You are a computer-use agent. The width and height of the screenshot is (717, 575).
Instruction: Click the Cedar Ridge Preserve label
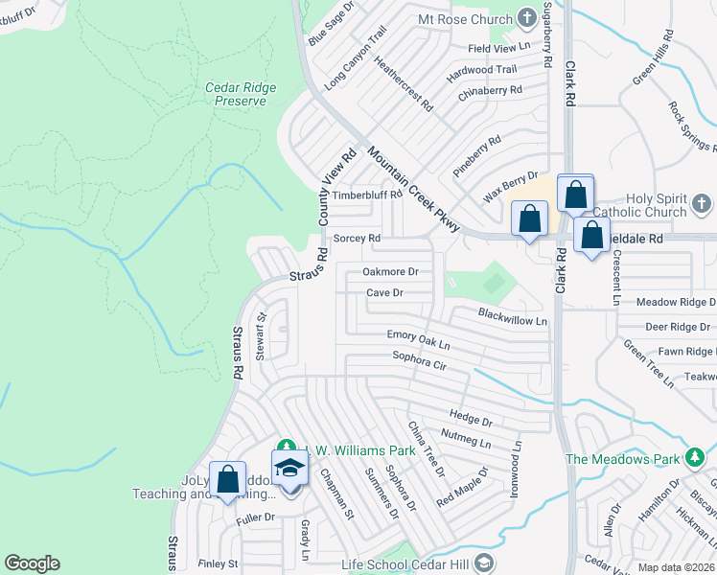tap(241, 94)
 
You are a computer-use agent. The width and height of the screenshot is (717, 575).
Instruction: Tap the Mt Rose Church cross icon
tap(525, 18)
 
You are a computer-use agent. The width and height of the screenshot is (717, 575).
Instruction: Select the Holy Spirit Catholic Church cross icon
tap(701, 203)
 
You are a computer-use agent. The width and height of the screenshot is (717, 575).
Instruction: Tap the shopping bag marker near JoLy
tap(228, 480)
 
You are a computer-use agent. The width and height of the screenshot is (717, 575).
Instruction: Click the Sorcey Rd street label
tap(357, 238)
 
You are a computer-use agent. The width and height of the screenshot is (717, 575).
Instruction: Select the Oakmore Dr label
tap(390, 272)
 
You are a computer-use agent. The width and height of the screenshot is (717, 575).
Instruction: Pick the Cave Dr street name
tap(383, 292)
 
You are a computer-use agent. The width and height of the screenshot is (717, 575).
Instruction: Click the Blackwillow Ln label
tap(512, 316)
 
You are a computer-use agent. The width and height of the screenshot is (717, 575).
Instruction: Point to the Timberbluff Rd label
tap(366, 195)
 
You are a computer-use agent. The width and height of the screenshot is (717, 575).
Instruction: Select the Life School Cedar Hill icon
tap(484, 563)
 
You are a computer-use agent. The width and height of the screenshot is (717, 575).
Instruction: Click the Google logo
tap(32, 563)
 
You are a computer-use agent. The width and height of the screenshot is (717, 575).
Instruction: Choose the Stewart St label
tap(260, 335)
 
